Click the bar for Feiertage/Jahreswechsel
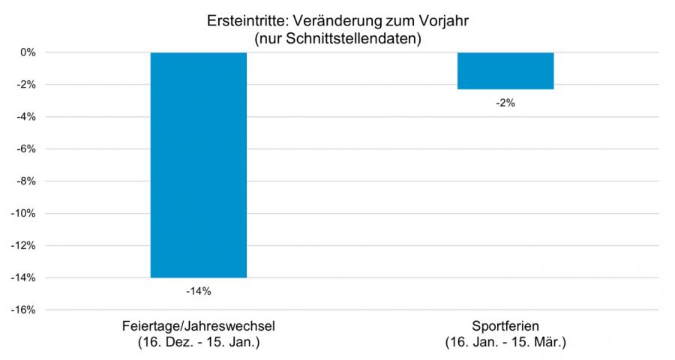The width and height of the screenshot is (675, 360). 199,165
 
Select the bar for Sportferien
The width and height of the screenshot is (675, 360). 505,70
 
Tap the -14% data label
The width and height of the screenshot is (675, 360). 199,291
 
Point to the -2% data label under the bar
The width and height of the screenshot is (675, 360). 505,103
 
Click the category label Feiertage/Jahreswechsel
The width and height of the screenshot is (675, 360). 199,328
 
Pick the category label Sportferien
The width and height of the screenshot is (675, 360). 505,328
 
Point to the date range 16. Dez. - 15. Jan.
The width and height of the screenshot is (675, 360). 199,343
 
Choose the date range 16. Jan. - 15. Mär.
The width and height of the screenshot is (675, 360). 505,343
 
